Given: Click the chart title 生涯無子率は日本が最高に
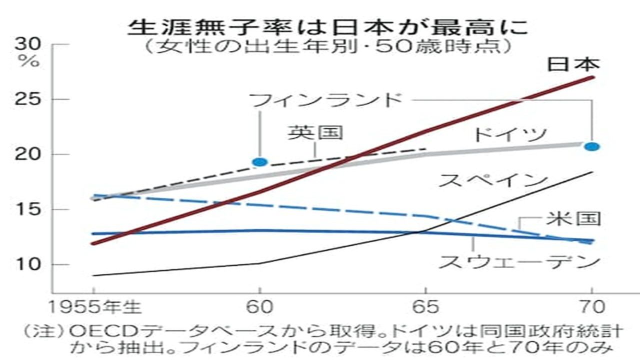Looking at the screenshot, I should [327, 27].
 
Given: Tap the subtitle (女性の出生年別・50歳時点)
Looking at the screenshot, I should [327, 48].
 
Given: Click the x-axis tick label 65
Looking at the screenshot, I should [425, 306].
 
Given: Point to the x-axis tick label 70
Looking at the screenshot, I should [592, 306].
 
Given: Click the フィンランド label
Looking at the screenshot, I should [326, 100].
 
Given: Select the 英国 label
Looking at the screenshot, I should [315, 132].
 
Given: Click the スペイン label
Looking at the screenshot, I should [490, 180].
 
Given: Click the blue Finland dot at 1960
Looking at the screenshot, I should [260, 162].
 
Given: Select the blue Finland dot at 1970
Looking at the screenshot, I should [592, 146].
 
